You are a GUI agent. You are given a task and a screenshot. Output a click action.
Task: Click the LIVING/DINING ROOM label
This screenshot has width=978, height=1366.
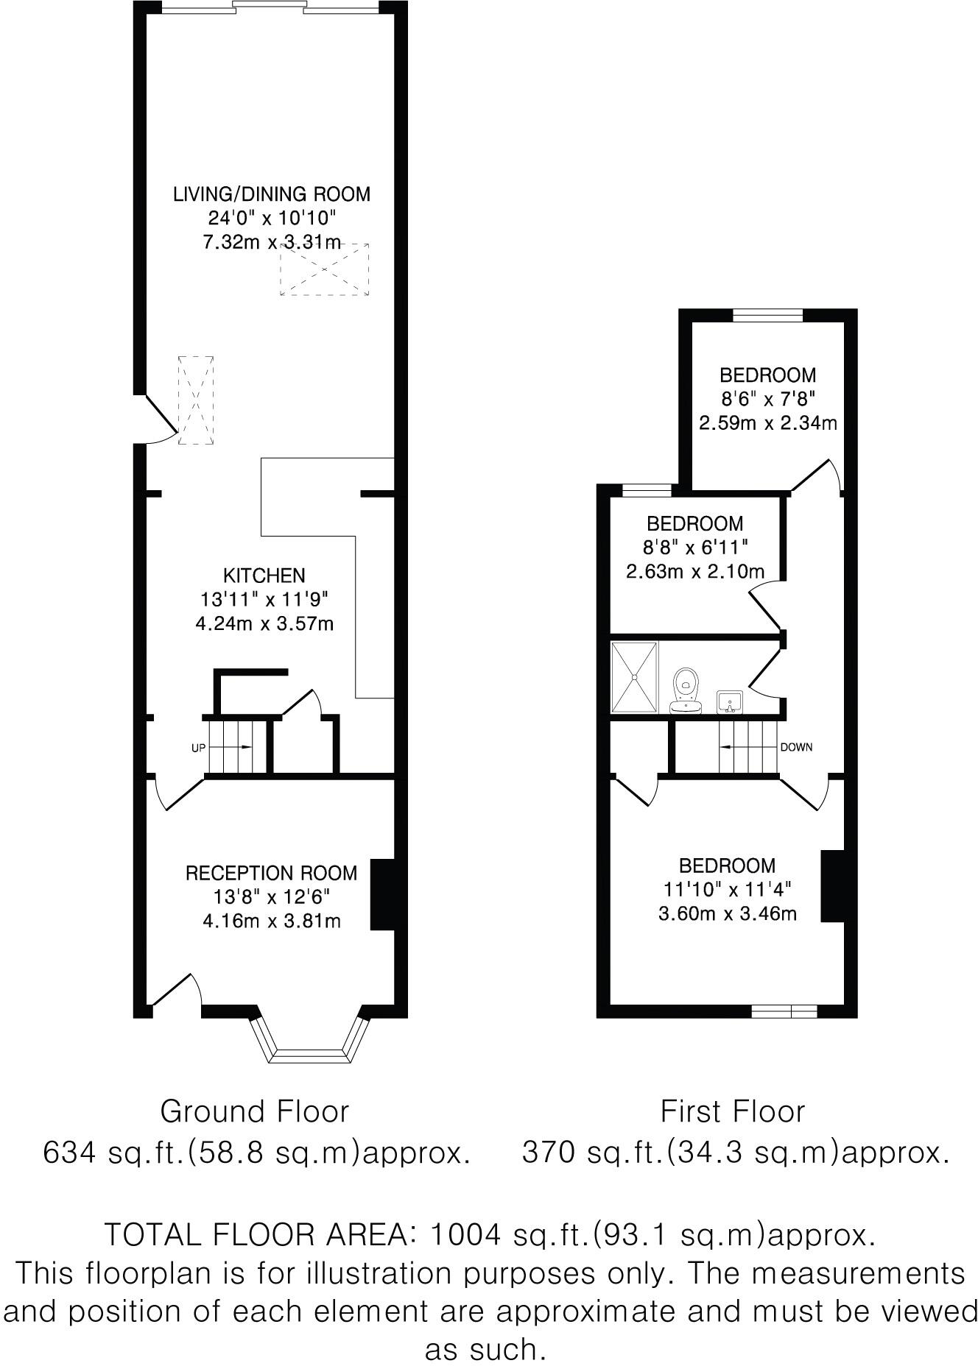pyautogui.click(x=271, y=194)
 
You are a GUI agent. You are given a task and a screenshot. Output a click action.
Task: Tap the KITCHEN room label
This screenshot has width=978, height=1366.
pyautogui.click(x=264, y=575)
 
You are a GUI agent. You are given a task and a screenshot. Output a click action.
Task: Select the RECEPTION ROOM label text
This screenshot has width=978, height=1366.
pyautogui.click(x=271, y=873)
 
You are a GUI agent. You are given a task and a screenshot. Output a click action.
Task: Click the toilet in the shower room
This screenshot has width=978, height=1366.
pyautogui.click(x=686, y=691)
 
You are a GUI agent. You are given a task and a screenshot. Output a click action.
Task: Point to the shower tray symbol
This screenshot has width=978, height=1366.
pyautogui.click(x=633, y=677)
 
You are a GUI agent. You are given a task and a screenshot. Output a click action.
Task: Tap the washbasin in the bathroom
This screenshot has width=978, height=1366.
pyautogui.click(x=730, y=701)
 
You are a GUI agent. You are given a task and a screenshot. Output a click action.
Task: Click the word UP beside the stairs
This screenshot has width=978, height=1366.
pyautogui.click(x=198, y=747)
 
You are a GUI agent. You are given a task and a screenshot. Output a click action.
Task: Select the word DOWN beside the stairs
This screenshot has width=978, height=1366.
pyautogui.click(x=796, y=747)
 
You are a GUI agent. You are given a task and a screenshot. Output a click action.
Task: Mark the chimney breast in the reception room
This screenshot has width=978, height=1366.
pyautogui.click(x=382, y=894)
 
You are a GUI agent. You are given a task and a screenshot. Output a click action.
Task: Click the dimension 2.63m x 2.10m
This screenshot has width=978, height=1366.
pyautogui.click(x=694, y=571)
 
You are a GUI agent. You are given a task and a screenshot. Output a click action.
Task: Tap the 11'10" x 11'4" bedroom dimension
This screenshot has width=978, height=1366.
pyautogui.click(x=727, y=889)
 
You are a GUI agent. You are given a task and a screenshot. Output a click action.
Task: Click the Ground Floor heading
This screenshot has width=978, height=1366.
pyautogui.click(x=254, y=1111)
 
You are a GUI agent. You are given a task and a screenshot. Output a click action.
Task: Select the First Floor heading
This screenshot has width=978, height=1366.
pyautogui.click(x=732, y=1111)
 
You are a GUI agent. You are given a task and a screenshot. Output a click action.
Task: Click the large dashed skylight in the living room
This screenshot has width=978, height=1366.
pyautogui.click(x=324, y=269)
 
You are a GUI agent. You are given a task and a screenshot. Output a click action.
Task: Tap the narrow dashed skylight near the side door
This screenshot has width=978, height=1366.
pyautogui.click(x=196, y=400)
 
